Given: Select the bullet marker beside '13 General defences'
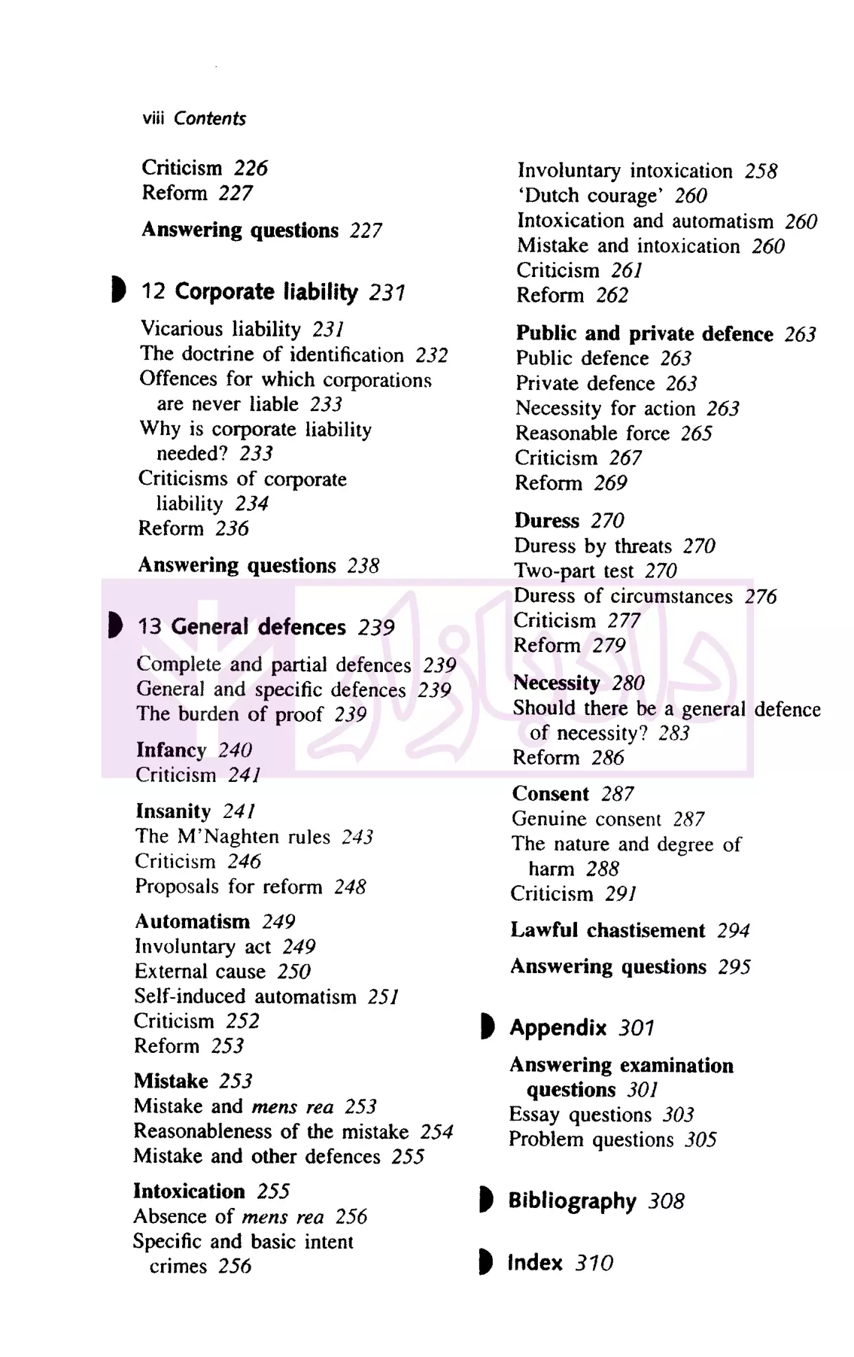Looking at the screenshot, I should [115, 625].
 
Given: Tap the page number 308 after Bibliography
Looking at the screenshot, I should [666, 1201].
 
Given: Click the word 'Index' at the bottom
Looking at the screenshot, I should [534, 1263].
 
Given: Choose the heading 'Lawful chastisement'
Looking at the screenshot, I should [608, 930].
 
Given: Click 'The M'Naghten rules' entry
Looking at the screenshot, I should [232, 837].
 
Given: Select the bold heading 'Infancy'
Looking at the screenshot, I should [171, 750].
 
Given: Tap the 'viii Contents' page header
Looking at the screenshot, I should [194, 119].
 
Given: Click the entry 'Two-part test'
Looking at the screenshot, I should [574, 570].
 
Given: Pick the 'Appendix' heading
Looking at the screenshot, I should [558, 1027].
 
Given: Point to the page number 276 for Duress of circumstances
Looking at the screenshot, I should [760, 596].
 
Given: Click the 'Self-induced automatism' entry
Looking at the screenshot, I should [245, 996].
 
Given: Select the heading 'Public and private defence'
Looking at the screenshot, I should [644, 333].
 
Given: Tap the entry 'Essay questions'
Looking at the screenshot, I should [579, 1115].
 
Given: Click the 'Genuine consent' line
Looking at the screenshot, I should [586, 819].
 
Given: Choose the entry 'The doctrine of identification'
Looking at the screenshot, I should [272, 354].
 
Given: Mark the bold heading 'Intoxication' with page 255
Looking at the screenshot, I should [189, 1191].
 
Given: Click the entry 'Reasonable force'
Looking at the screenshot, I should [592, 434].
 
